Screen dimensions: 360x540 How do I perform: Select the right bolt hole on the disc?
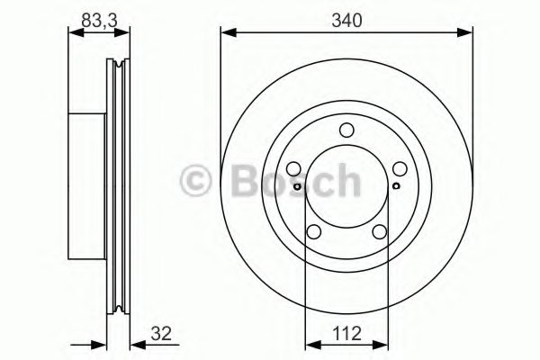tap(399, 168)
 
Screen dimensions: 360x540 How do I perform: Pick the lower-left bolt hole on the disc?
tap(315, 231)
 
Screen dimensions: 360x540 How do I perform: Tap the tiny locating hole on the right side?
tap(396, 186)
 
